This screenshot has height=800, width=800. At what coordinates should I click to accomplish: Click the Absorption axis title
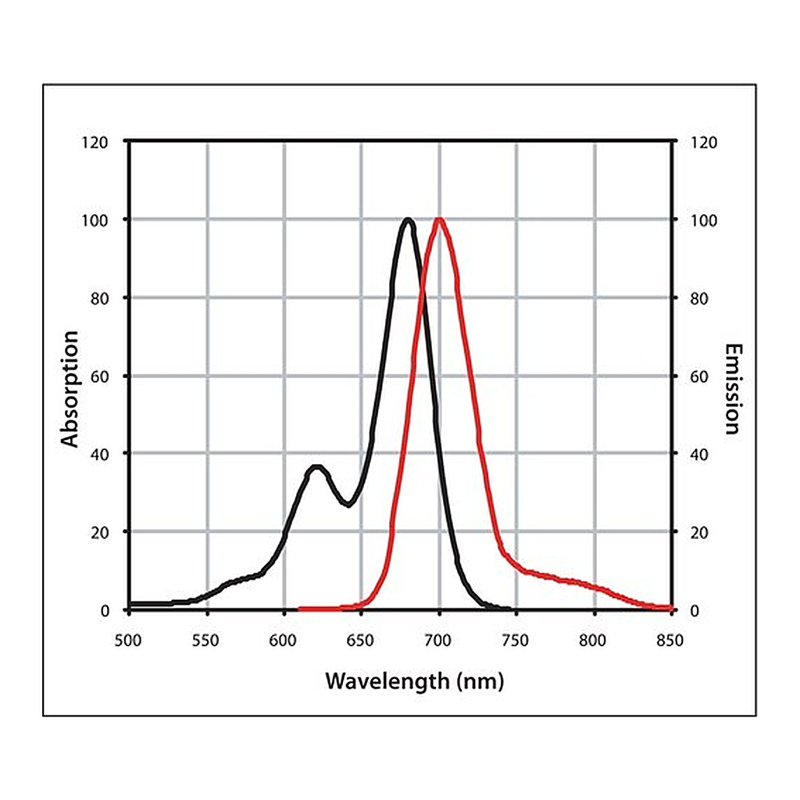coord(70,389)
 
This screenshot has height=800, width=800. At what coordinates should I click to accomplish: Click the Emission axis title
coord(733,389)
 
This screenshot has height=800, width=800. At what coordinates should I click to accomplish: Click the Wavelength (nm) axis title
coord(414,681)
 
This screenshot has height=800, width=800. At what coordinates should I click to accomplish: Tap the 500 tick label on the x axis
coord(127,641)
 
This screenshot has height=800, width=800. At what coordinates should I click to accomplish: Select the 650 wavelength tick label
coord(360,641)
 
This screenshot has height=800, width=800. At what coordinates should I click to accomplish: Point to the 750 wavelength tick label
coord(516,641)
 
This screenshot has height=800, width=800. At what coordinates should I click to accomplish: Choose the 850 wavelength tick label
coord(670,641)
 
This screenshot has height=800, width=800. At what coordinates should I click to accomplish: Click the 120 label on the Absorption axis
coord(95,142)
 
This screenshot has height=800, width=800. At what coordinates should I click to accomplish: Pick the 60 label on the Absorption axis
coord(100,377)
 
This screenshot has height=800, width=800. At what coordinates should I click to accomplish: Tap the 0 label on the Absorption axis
coord(105,611)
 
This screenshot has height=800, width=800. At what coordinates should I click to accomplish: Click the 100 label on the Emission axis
coord(704,220)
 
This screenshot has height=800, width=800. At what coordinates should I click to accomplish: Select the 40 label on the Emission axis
coord(699,455)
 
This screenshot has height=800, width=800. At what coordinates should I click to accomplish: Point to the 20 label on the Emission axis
coord(699,533)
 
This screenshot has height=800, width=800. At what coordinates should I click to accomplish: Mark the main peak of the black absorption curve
coord(408,220)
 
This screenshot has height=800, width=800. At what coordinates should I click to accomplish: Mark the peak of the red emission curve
coord(439,220)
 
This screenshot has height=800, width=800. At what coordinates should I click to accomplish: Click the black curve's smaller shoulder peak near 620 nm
coord(316,467)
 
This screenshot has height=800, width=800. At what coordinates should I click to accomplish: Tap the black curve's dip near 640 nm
coord(348,504)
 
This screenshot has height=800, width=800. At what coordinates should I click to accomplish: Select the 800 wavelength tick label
coord(592,641)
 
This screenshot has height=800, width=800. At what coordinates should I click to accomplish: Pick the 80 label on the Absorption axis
coord(100,298)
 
